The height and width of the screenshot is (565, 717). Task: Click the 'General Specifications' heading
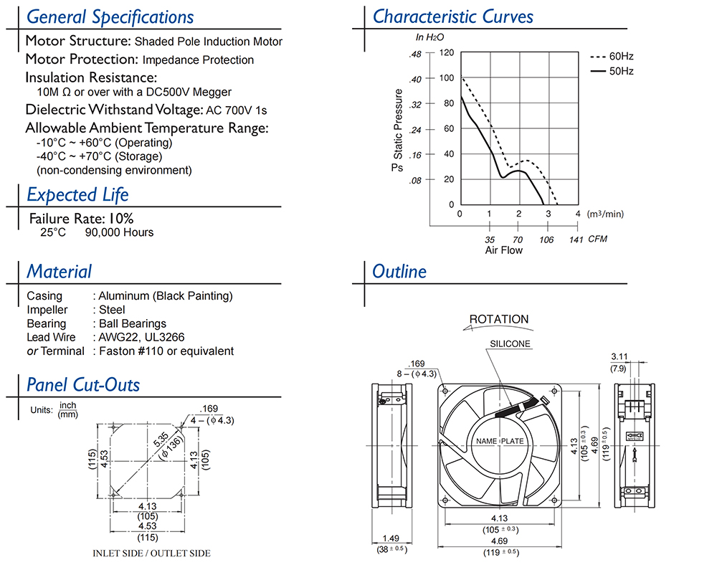(x=110, y=16)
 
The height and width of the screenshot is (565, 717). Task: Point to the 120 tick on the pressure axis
(x=446, y=53)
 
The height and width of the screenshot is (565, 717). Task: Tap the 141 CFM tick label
(x=576, y=239)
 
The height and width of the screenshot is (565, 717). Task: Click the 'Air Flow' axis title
(x=504, y=250)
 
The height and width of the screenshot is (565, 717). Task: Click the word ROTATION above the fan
(x=499, y=319)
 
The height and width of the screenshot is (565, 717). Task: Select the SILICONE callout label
(x=511, y=343)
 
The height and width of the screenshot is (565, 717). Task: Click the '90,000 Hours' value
(x=119, y=232)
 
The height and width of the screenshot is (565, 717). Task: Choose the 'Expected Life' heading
(x=77, y=194)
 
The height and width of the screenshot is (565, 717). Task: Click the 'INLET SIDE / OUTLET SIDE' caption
(x=152, y=553)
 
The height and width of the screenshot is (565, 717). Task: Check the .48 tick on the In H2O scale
(x=415, y=54)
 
